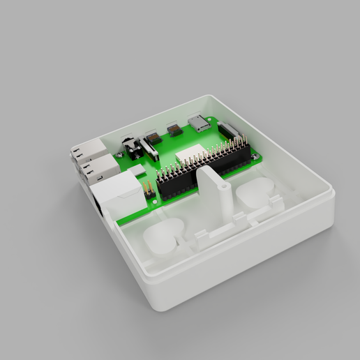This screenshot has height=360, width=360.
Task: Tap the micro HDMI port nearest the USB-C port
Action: (174, 130)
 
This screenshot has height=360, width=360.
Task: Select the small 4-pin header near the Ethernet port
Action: (149, 188)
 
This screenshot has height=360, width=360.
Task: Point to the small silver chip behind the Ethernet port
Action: (138, 170)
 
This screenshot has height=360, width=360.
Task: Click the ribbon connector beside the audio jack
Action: (149, 148)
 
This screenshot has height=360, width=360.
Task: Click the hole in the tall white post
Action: (223, 186)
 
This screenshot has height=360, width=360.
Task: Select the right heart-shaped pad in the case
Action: (257, 193)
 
